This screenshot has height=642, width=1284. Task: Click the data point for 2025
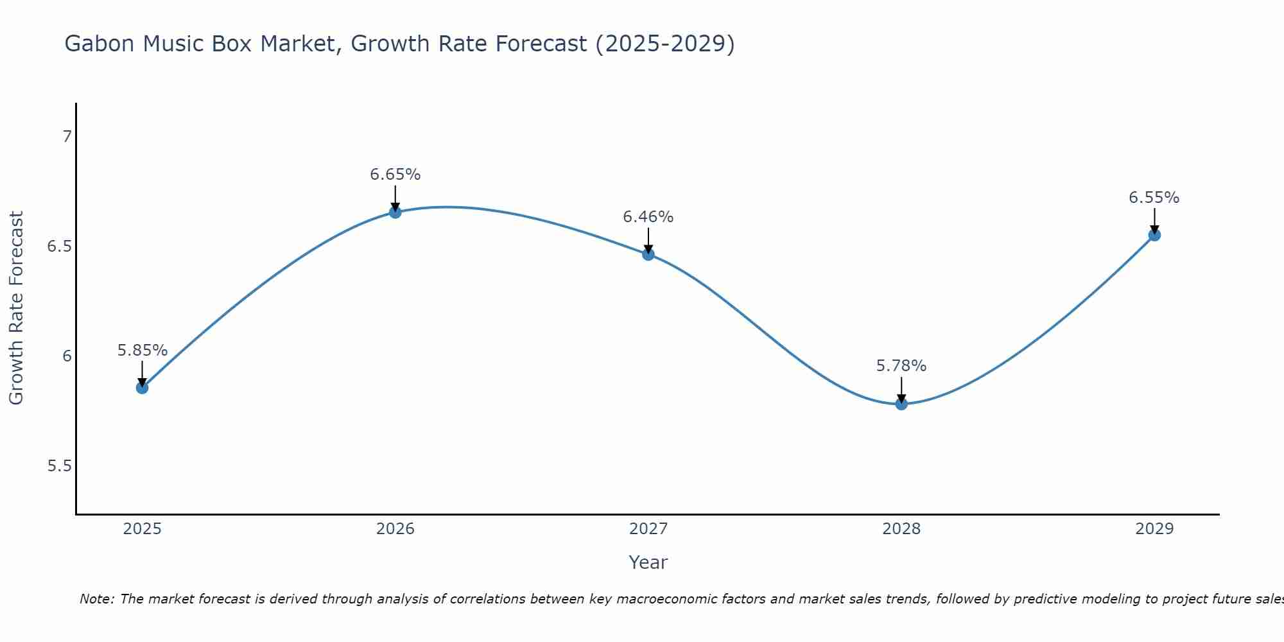tap(142, 387)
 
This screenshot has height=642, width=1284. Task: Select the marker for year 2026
tap(395, 212)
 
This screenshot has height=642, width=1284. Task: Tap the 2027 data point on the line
tap(648, 254)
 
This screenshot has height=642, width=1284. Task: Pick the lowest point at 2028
tap(901, 403)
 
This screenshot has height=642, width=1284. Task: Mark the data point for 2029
tap(1154, 234)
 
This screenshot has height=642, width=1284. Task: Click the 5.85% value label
tap(142, 351)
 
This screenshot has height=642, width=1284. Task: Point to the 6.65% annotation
tap(395, 175)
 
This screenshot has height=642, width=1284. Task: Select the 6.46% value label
tap(648, 217)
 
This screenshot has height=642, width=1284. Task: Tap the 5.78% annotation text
tap(901, 366)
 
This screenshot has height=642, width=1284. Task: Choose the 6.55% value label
tap(1154, 198)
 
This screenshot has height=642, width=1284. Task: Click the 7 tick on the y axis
tap(67, 137)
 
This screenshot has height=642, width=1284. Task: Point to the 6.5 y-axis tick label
tap(59, 247)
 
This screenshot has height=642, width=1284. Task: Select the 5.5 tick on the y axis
tap(59, 466)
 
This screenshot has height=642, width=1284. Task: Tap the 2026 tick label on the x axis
tap(395, 529)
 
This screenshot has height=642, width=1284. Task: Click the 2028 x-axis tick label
tap(901, 529)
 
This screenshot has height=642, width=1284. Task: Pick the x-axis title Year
tap(648, 562)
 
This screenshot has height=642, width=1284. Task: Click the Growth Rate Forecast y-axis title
tap(16, 308)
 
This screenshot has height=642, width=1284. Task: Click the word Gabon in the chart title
tap(100, 44)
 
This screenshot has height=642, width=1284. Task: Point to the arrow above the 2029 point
tap(1154, 220)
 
